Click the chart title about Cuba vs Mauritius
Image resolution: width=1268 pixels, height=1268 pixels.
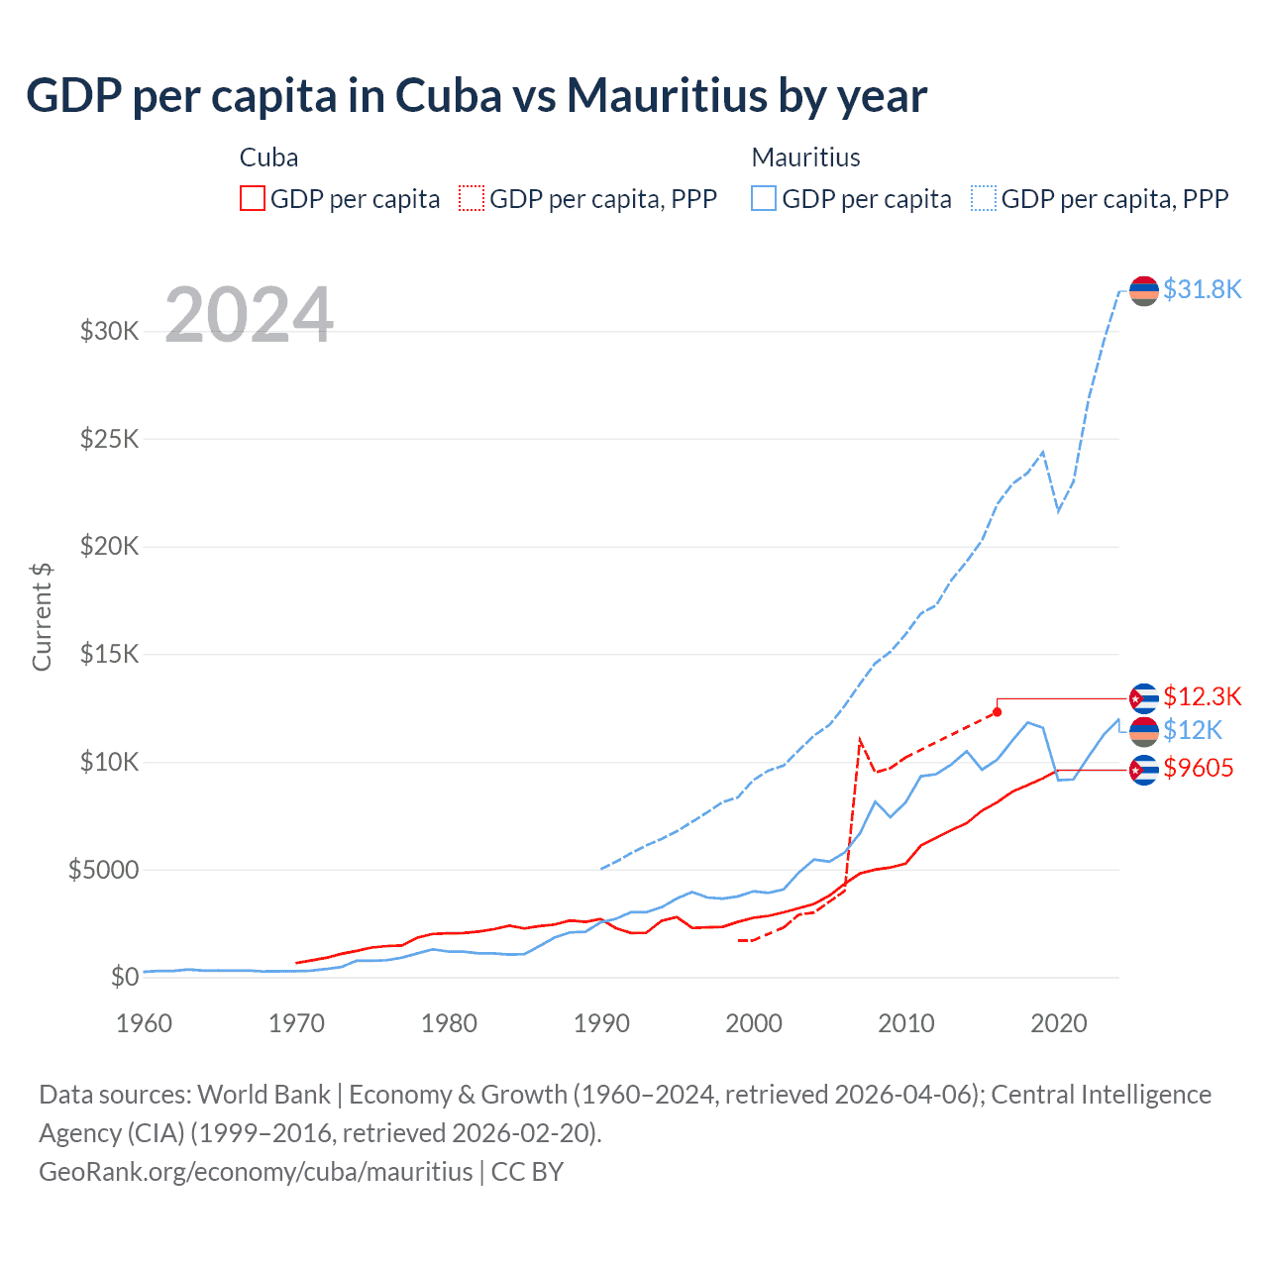(x=476, y=96)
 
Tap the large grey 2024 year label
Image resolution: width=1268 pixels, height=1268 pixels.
(x=249, y=315)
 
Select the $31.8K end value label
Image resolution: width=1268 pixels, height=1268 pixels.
(x=1202, y=289)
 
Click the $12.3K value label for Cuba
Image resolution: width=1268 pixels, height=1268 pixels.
(x=1202, y=696)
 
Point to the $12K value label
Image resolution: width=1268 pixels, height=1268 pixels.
(x=1193, y=731)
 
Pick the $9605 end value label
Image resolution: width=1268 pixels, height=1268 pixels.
(x=1199, y=768)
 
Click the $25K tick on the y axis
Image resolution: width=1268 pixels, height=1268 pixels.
(x=110, y=438)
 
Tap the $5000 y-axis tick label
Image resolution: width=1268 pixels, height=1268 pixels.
(x=103, y=870)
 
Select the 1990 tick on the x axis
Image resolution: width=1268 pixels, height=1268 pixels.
(x=601, y=1023)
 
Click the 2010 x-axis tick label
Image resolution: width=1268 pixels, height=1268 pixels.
(x=905, y=1023)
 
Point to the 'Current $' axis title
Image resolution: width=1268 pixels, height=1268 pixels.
(x=42, y=616)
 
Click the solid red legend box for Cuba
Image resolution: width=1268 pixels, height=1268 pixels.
(x=253, y=199)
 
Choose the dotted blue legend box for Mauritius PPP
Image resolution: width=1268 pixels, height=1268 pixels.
(x=984, y=199)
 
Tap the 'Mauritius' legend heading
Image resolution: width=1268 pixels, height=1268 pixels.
(x=805, y=158)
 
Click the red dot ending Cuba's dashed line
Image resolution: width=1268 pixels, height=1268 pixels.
(x=997, y=712)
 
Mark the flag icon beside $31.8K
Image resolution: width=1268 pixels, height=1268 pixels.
(x=1143, y=290)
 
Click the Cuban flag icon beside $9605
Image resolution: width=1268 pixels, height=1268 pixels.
(x=1143, y=769)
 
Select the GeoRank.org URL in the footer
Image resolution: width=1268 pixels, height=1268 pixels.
(x=256, y=1172)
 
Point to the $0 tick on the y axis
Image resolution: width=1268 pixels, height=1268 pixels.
(x=125, y=977)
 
